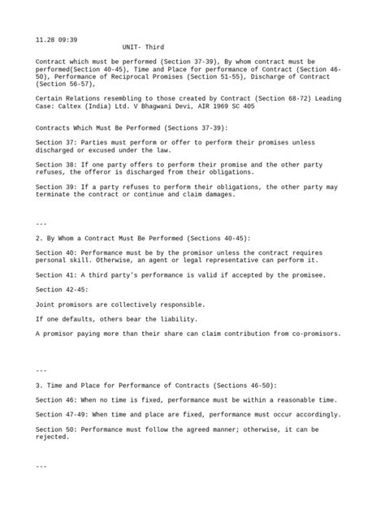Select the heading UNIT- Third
(143, 48)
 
